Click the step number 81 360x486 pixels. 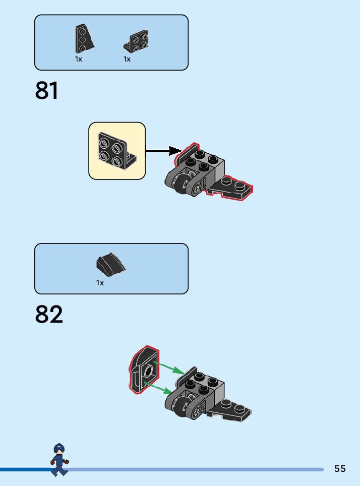pos(47,91)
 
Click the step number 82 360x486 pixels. pos(49,314)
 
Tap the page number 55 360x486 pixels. pos(340,469)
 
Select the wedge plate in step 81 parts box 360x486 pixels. pos(84,39)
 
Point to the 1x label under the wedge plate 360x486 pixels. pos(79,59)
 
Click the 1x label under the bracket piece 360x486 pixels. pos(127,59)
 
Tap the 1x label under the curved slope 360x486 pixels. pos(100,283)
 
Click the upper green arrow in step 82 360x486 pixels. pos(168,367)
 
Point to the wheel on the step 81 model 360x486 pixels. pos(181,184)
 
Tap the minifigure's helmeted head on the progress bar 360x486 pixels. pos(59,449)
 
